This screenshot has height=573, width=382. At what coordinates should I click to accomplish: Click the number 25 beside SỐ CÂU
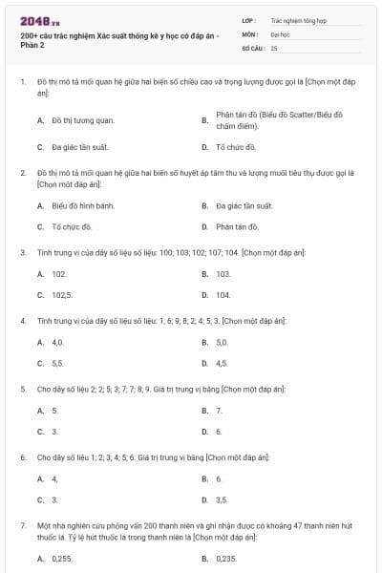point(274,47)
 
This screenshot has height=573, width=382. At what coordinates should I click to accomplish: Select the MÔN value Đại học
point(280,33)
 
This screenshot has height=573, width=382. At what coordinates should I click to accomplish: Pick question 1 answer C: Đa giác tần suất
point(80,148)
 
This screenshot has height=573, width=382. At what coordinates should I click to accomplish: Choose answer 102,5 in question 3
point(62,295)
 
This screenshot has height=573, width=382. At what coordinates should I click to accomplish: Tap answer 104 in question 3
point(223,295)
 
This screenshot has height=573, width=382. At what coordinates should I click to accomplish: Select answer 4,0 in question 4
point(58,341)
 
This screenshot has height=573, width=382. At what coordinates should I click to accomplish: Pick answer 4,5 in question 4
point(223,363)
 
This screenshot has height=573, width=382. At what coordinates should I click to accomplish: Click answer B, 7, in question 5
point(219,410)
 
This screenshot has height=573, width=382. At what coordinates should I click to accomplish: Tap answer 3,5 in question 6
point(223,499)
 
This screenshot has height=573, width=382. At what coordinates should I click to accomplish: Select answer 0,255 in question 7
point(62,558)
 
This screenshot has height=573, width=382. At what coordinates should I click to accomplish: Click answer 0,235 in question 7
point(226,558)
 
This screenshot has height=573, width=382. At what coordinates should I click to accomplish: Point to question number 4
point(22,321)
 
